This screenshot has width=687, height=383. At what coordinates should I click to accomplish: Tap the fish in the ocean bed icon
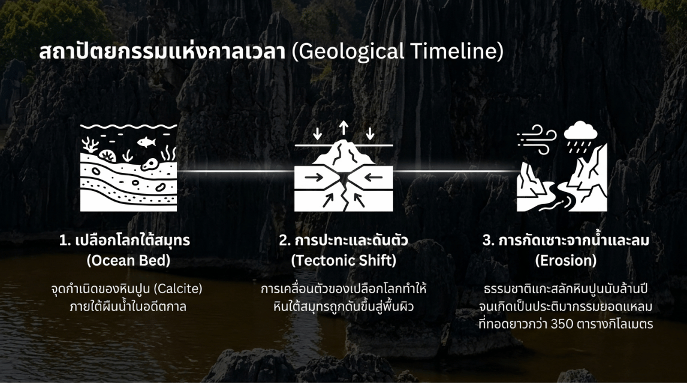click(146, 142)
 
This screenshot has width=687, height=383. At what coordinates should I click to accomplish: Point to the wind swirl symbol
click(537, 139)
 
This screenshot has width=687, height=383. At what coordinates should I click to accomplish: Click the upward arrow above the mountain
click(344, 129)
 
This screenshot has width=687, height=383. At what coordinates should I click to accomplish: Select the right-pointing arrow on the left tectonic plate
click(314, 177)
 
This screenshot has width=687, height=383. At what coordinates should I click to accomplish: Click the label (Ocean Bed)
click(128, 260)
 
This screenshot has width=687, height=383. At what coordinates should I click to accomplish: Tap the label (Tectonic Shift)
click(343, 260)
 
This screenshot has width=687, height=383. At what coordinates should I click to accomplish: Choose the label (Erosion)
click(566, 260)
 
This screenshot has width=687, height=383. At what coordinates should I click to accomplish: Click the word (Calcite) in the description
click(178, 288)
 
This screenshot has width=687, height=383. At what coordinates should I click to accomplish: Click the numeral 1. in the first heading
click(65, 241)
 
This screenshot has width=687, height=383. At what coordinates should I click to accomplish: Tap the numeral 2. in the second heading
click(285, 241)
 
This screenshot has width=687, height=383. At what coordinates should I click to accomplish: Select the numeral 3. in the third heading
click(489, 241)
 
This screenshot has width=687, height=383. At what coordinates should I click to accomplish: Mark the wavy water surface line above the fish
click(128, 126)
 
